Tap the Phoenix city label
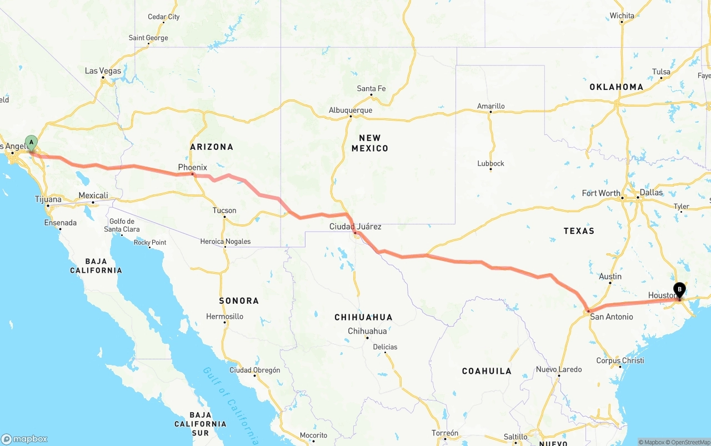pyautogui.click(x=192, y=167)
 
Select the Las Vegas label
pyautogui.click(x=103, y=71)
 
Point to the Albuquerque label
pyautogui.click(x=350, y=110)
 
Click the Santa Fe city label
pyautogui.click(x=371, y=88)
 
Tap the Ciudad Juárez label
pyautogui.click(x=355, y=226)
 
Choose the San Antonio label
pyautogui.click(x=611, y=317)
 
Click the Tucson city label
pyautogui.click(x=224, y=211)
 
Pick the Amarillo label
pyautogui.click(x=491, y=106)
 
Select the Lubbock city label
pyautogui.click(x=490, y=163)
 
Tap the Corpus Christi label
pyautogui.click(x=620, y=360)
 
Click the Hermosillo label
pyautogui.click(x=224, y=316)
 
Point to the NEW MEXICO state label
pyautogui.click(x=369, y=143)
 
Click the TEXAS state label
pyautogui.click(x=579, y=230)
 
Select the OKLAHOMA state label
pyautogui.click(x=616, y=87)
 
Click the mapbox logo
pyautogui.click(x=24, y=439)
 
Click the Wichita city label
pyautogui.click(x=622, y=16)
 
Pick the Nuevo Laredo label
pyautogui.click(x=559, y=369)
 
